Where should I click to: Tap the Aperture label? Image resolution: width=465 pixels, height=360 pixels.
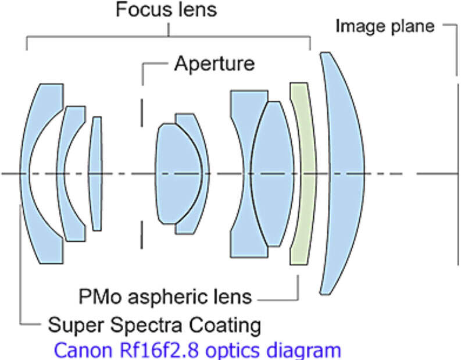[214, 63]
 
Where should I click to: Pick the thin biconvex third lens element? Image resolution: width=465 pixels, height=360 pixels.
[95, 174]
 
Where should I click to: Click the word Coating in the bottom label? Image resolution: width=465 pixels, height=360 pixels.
[225, 325]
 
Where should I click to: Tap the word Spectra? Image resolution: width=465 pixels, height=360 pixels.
[146, 326]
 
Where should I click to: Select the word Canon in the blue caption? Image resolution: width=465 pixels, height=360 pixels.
[83, 350]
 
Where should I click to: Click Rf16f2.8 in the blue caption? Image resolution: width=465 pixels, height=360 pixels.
[158, 350]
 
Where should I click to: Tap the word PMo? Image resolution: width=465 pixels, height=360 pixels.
[100, 297]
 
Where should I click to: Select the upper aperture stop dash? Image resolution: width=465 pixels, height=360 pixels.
[142, 113]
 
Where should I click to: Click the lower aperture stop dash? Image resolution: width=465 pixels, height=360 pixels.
[142, 235]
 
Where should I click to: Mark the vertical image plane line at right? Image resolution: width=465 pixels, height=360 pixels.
[459, 174]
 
